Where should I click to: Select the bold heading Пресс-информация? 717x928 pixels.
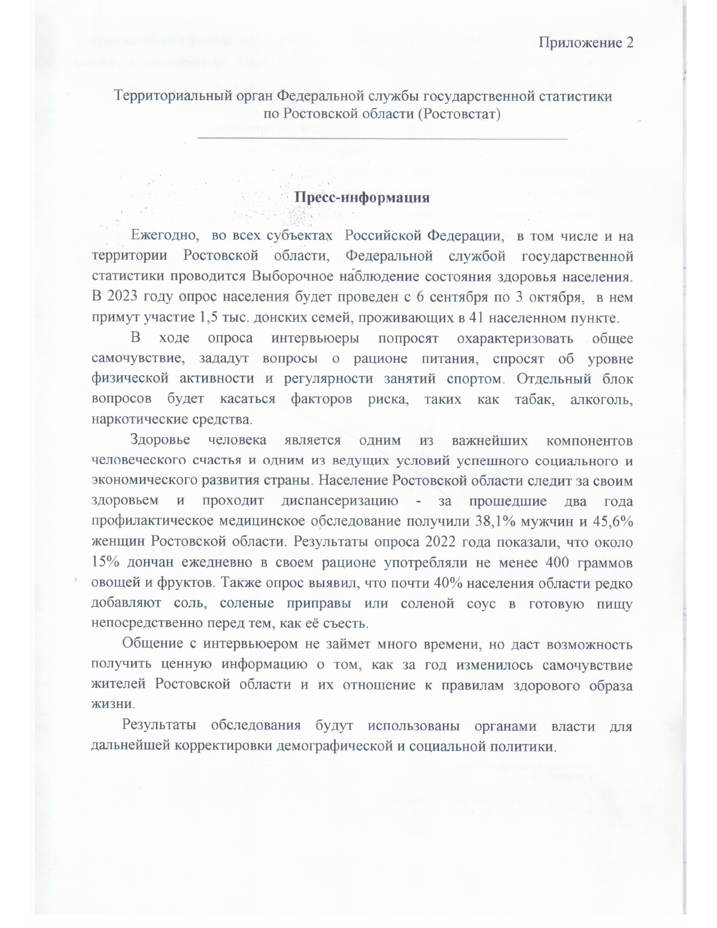(362, 198)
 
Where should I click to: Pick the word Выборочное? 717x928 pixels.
(288, 277)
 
